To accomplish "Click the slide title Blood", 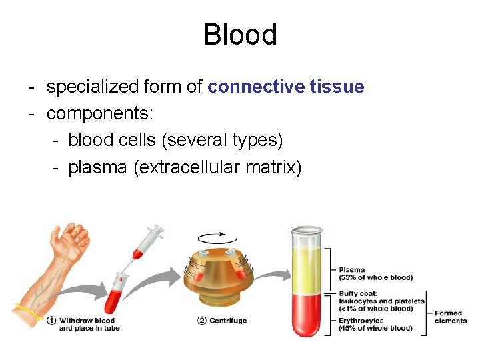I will pos(240,35).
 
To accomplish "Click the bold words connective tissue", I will pos(286,87).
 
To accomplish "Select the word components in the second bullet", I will pos(99,113).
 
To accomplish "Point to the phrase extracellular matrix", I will pos(217,167).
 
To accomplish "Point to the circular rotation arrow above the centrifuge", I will pos(215,239).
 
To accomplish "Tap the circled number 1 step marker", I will pos(51,320).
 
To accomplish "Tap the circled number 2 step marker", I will pos(201,320).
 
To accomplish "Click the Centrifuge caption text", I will pos(228,321).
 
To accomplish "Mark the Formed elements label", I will pos(451,317).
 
